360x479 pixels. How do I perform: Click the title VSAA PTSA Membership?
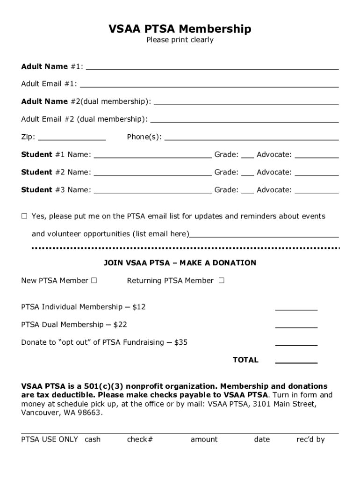pyautogui.click(x=180, y=29)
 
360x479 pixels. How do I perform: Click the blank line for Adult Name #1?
pyautogui.click(x=212, y=67)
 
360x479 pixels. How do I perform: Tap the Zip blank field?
pyautogui.click(x=72, y=138)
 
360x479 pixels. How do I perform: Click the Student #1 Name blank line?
pyautogui.click(x=152, y=156)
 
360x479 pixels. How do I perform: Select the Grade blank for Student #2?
pyautogui.click(x=247, y=174)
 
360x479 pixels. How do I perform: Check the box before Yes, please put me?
pyautogui.click(x=24, y=216)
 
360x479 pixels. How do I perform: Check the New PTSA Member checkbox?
pyautogui.click(x=94, y=281)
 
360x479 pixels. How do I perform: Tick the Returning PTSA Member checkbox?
pyautogui.click(x=221, y=281)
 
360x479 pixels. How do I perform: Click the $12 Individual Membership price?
pyautogui.click(x=139, y=307)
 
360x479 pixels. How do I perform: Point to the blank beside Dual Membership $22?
pyautogui.click(x=296, y=326)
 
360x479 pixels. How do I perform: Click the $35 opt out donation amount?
pyautogui.click(x=180, y=342)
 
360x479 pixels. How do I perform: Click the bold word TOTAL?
pyautogui.click(x=245, y=360)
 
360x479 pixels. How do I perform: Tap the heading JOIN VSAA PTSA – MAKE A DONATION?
pyautogui.click(x=180, y=263)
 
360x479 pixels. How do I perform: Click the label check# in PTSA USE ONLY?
pyautogui.click(x=140, y=439)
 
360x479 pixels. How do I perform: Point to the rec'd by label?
pyautogui.click(x=310, y=439)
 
